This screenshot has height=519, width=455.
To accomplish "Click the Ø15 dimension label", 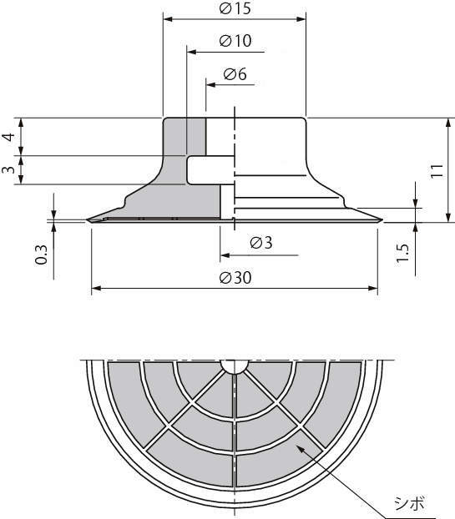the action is click(x=235, y=8).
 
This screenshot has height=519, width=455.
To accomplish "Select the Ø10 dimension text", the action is click(x=235, y=41).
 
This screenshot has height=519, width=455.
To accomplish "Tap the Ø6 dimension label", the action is click(x=235, y=73).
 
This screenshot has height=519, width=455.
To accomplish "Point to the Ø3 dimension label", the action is click(x=261, y=243).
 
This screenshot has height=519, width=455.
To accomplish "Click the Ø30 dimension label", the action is click(x=235, y=277).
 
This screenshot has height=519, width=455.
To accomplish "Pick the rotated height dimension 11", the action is click(x=437, y=171).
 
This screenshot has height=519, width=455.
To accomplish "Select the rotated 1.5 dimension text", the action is click(x=403, y=254).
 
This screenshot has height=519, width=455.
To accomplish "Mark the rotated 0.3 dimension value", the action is click(x=41, y=254).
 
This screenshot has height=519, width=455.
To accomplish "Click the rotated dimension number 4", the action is click(x=8, y=137).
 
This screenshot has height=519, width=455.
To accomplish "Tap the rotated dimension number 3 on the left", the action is click(x=8, y=169).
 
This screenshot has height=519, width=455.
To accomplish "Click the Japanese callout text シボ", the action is click(x=409, y=504).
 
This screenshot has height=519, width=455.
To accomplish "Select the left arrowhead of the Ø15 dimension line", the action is click(x=168, y=19).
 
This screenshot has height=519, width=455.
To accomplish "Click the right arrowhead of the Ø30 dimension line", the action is click(x=373, y=289).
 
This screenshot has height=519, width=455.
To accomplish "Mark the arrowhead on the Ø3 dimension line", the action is click(x=225, y=255).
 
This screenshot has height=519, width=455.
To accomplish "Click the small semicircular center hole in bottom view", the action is click(x=235, y=365).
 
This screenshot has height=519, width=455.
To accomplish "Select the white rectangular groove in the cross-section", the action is click(x=210, y=170).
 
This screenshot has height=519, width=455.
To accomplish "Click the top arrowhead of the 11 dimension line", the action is click(x=448, y=123).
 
